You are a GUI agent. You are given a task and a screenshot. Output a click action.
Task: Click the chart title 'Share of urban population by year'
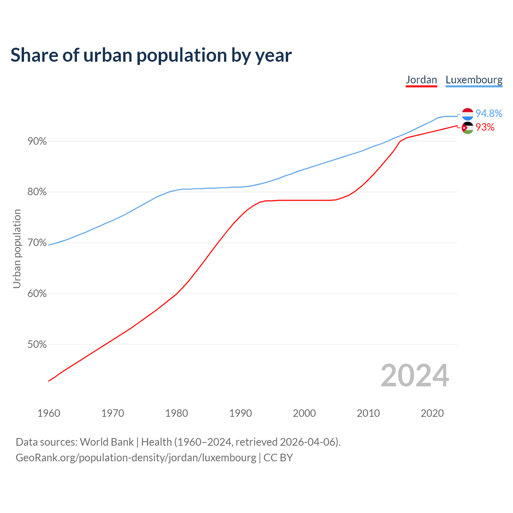pos(151,55)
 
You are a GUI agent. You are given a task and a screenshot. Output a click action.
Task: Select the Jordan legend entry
pos(421,80)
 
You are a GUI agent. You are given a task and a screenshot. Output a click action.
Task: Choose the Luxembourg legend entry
pos(474,80)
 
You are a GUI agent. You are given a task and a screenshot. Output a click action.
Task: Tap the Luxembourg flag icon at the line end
pos(467,114)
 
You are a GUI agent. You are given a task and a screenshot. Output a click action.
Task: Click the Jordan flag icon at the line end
pos(467,128)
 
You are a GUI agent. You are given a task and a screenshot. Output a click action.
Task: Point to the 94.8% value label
pos(489,114)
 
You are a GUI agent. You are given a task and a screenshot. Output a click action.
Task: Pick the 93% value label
pos(485,127)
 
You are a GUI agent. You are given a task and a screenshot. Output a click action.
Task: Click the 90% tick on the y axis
pos(37,141)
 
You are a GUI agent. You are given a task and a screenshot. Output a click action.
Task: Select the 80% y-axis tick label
pos(37,192)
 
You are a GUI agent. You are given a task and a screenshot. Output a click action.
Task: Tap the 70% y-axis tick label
pos(37,243)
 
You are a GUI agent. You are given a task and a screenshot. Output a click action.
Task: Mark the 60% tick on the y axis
pos(37,294)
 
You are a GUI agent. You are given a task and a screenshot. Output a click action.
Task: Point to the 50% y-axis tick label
pos(37,345)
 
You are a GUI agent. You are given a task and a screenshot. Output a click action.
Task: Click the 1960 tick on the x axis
pos(49,413)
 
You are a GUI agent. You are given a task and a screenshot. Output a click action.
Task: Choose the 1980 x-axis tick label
pos(177,413)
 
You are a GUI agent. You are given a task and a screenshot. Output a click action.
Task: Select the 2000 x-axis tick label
pos(305,413)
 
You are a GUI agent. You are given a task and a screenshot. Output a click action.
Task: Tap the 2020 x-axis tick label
pos(432,413)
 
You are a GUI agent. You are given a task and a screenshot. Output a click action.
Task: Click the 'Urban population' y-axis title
pos(17,248)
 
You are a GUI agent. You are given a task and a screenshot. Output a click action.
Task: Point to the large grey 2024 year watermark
pos(415,376)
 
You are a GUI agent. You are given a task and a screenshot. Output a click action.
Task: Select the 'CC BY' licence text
pos(278,458)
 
